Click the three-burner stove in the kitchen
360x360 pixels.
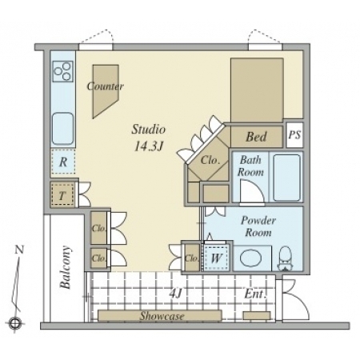tap(63, 71)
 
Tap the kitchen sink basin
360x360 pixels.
tap(62, 129)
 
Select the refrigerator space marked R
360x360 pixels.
tap(63, 162)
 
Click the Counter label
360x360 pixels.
tap(106, 86)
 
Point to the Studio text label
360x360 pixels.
tap(149, 130)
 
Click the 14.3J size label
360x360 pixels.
tap(149, 146)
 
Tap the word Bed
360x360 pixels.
tap(256, 137)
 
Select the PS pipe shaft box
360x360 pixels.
tap(294, 135)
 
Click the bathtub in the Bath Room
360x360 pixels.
tap(286, 178)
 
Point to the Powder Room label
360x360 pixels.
tap(258, 226)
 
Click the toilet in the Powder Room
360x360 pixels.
tap(286, 258)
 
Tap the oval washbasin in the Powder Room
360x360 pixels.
tap(251, 258)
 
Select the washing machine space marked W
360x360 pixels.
tap(216, 258)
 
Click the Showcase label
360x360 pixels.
tap(162, 316)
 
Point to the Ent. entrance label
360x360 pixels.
tap(255, 294)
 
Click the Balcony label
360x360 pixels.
tap(66, 267)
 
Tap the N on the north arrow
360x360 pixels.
tap(19, 250)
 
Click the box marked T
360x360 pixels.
tap(62, 195)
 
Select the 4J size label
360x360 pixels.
tap(175, 294)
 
